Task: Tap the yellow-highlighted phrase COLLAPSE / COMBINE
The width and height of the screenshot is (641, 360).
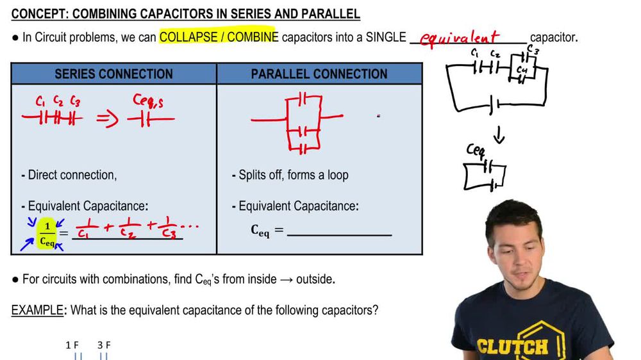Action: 219,37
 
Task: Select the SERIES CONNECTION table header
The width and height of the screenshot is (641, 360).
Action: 113,74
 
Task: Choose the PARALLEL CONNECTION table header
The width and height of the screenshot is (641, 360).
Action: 319,74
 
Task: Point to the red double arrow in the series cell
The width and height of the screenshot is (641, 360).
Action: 108,119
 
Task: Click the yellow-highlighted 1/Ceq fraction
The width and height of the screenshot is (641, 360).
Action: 46,233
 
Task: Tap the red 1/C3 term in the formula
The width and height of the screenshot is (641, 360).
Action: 169,227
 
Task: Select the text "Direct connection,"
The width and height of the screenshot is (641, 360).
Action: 72,175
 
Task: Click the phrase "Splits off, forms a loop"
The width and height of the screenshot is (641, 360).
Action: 294,175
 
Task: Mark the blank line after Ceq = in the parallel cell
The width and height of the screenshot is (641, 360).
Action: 340,234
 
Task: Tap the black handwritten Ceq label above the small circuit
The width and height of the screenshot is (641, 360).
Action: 476,150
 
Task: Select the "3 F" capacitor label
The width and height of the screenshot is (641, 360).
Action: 104,345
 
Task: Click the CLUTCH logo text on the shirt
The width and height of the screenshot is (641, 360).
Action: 513,347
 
